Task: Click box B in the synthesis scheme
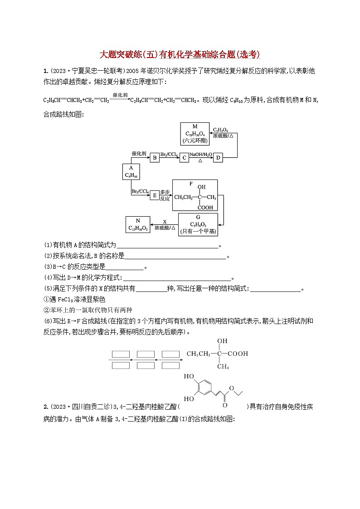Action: click(155, 158)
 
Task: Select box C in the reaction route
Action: click(184, 158)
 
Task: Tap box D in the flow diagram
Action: click(218, 158)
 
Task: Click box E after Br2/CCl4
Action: click(155, 195)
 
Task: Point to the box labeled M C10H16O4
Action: click(195, 134)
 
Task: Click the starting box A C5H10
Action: click(131, 172)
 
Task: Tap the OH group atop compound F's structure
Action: click(201, 187)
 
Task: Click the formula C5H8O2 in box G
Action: click(198, 224)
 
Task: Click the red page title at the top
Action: click(180, 54)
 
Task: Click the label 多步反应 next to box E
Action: click(165, 195)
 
